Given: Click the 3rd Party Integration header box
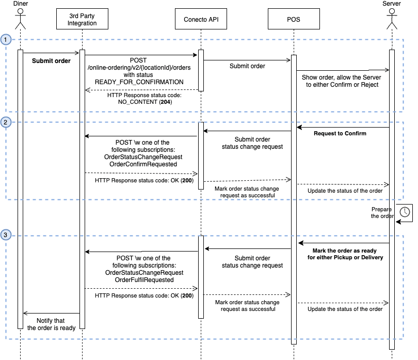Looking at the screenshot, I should coord(82,20).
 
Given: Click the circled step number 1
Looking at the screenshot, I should coord(6,40).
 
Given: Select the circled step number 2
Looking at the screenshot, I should coord(6,122).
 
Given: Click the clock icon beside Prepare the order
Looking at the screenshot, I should coord(405,212).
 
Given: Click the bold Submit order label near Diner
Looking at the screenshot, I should coord(51,60).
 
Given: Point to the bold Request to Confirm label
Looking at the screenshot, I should coord(340,134).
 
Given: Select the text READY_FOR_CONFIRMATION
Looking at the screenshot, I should coord(139,82).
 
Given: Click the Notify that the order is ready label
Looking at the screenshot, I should coord(51,324).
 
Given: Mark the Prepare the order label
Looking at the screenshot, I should coord(381,213).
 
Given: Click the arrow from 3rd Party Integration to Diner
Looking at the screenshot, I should coord(51,312).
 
